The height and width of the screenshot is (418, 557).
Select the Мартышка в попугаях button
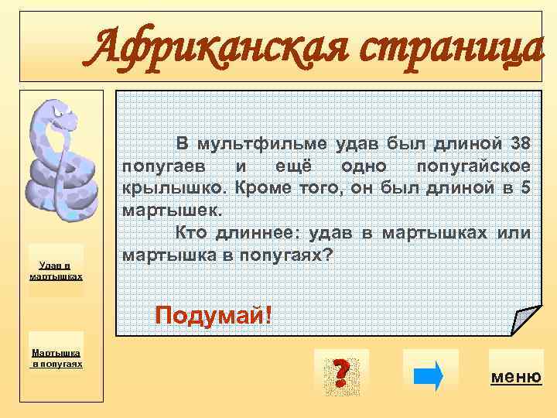tap(56, 358)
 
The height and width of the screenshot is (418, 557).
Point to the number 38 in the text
tap(521, 144)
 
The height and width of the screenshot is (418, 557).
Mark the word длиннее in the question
tap(258, 232)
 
